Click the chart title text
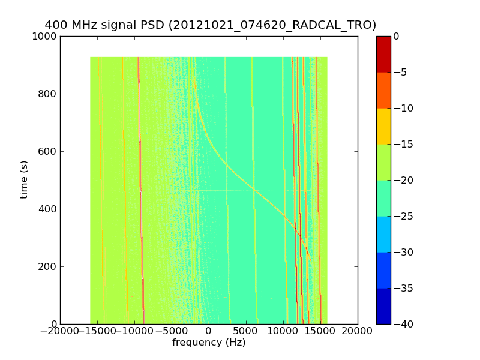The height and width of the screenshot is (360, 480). pyautogui.click(x=210, y=25)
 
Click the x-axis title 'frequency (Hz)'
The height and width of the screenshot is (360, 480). pyautogui.click(x=209, y=343)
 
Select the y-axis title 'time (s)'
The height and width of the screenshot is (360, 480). pyautogui.click(x=24, y=179)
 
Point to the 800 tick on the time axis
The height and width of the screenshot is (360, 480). pyautogui.click(x=49, y=94)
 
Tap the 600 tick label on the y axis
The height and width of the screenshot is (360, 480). pyautogui.click(x=49, y=151)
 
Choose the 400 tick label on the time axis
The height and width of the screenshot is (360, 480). pyautogui.click(x=49, y=209)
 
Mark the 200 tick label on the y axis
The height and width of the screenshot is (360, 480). pyautogui.click(x=49, y=266)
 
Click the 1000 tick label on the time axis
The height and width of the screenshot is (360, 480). pyautogui.click(x=46, y=36)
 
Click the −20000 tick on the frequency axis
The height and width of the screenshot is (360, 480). pyautogui.click(x=60, y=331)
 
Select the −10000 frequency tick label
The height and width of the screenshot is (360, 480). pyautogui.click(x=134, y=331)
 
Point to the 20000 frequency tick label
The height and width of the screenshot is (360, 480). pyautogui.click(x=358, y=331)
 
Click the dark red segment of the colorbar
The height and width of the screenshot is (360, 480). pyautogui.click(x=383, y=54)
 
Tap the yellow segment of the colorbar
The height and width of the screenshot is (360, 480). pyautogui.click(x=383, y=126)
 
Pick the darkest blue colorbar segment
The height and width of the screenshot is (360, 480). pyautogui.click(x=383, y=306)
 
